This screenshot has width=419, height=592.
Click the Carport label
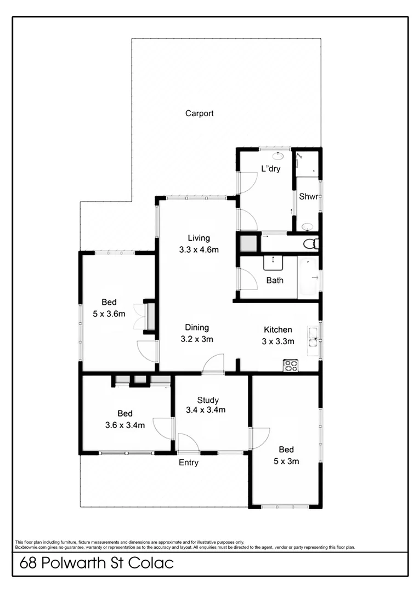tap(199, 113)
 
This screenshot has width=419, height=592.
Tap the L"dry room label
tap(270, 169)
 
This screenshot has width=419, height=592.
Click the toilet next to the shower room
tap(311, 243)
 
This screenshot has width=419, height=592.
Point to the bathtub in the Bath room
tap(308, 277)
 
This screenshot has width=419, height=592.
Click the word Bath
tap(275, 281)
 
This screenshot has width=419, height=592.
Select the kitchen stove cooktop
tap(290, 366)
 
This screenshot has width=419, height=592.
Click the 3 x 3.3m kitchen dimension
tap(278, 341)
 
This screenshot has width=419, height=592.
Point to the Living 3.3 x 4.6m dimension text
tap(199, 250)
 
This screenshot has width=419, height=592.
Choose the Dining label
tap(197, 328)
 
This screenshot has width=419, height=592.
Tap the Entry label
tap(189, 463)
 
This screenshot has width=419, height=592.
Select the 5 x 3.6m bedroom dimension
tap(109, 314)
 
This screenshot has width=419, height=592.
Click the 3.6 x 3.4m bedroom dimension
tap(124, 425)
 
